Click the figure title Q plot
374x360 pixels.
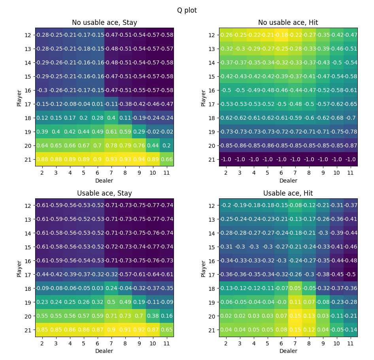(187, 10)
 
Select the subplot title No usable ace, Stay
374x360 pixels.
(104, 23)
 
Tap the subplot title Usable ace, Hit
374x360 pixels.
(288, 193)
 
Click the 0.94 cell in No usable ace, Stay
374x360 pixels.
(139, 159)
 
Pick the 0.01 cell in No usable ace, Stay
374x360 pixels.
(97, 104)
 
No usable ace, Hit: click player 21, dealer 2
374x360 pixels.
(226, 159)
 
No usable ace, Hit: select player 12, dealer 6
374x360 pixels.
(281, 35)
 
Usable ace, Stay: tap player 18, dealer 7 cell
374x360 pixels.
(111, 288)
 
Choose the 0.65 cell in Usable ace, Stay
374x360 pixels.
(166, 330)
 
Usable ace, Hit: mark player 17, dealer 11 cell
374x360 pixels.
(350, 275)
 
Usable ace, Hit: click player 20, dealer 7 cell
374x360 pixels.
(295, 316)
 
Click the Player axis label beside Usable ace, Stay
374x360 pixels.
(19, 268)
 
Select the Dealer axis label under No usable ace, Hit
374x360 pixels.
(288, 181)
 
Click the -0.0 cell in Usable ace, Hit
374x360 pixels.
(281, 302)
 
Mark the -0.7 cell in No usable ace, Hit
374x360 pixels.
(350, 118)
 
